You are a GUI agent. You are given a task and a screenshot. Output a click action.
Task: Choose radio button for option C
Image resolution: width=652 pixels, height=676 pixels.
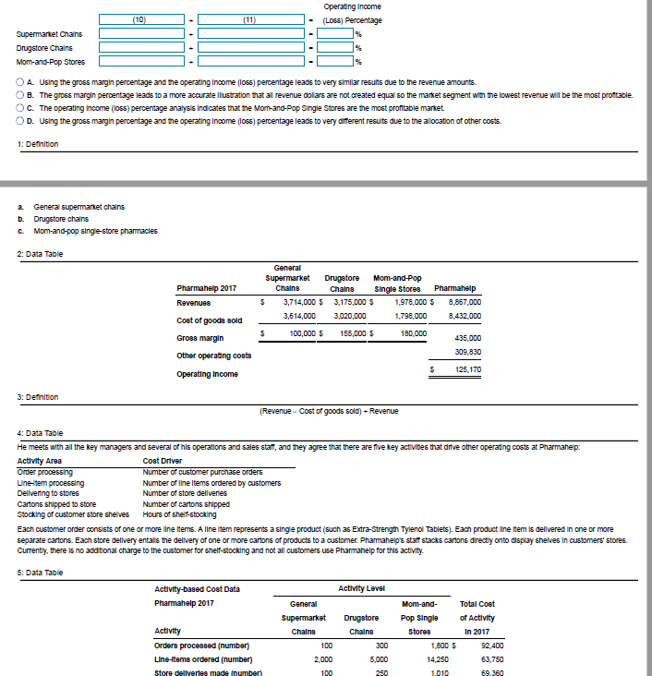tap(20, 108)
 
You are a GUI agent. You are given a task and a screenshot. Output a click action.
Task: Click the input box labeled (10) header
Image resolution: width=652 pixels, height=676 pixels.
tap(139, 19)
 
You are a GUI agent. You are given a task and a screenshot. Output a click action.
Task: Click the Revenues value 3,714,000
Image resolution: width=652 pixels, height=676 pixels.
tap(297, 300)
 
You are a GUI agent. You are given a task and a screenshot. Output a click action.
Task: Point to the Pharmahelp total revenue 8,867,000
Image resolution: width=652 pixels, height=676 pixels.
tap(463, 300)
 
